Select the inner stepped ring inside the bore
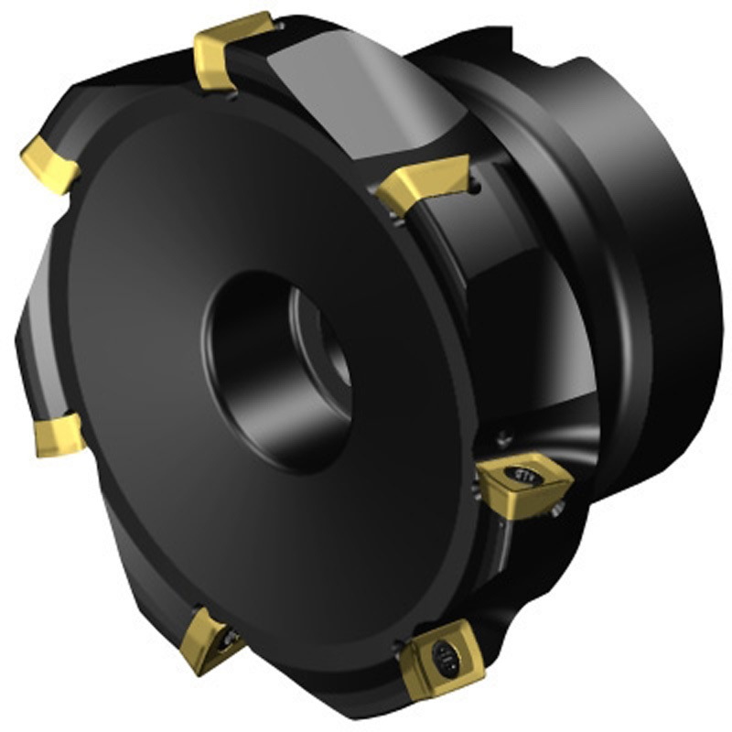click(316, 339)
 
